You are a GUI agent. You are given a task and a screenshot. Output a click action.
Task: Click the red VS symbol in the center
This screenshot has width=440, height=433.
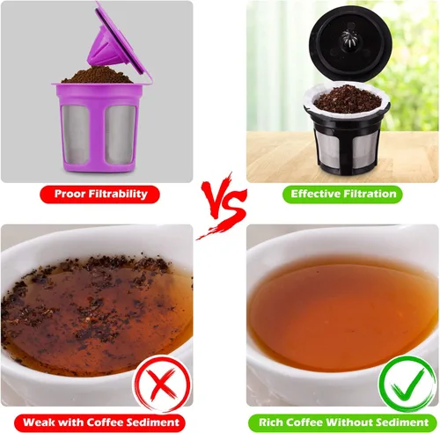click(x=218, y=205)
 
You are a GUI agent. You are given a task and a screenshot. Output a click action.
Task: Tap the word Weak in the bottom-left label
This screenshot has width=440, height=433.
click(x=43, y=422)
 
